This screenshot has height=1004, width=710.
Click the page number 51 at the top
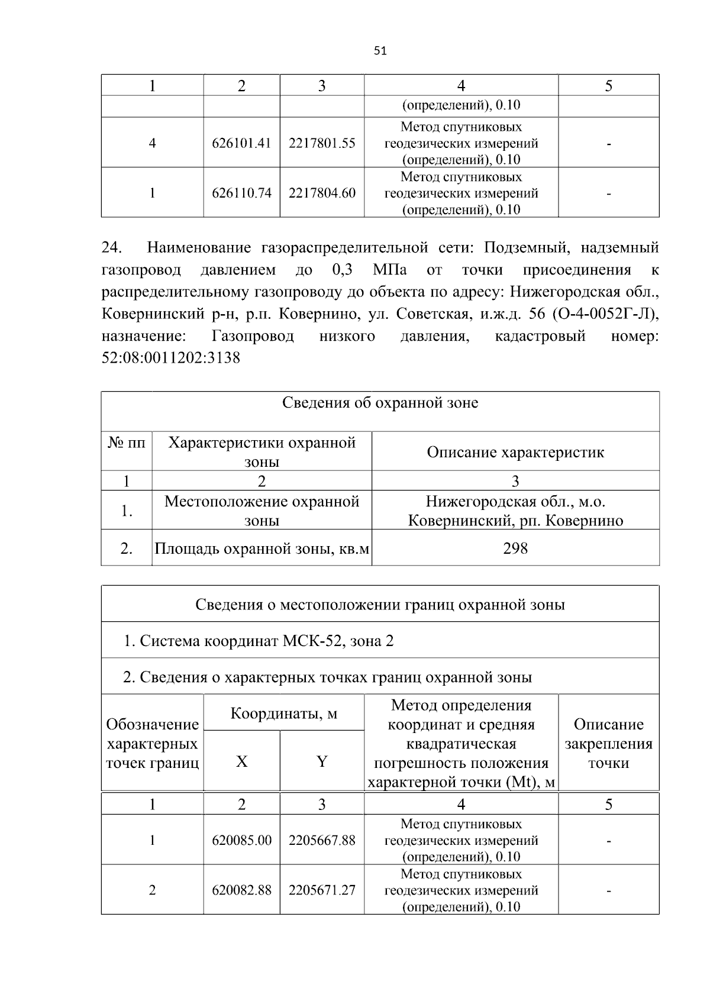380,51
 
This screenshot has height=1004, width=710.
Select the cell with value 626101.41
241,143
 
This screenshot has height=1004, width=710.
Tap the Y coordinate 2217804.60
322,193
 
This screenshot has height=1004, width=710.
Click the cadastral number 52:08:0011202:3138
171,359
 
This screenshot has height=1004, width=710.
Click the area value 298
515,548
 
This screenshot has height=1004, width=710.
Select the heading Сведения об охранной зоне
380,403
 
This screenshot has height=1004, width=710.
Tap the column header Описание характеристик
515,453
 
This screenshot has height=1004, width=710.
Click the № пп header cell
126,443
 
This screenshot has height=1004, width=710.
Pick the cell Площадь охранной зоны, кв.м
262,549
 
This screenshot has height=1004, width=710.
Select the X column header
241,762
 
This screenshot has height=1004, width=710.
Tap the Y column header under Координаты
322,762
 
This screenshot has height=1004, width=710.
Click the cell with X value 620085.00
241,841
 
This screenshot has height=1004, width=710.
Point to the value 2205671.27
322,890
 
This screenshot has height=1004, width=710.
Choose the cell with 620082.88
241,890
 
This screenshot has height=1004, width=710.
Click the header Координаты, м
283,714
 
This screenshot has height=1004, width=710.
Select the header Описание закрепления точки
608,744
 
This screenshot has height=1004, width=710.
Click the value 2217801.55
322,143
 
